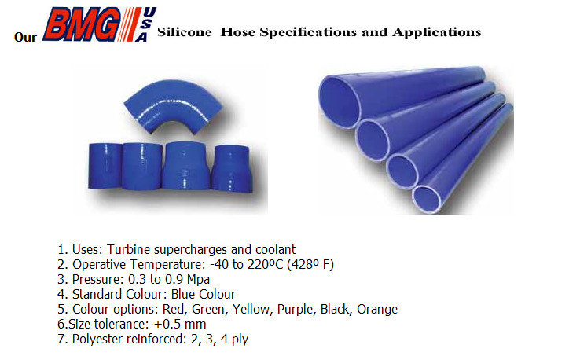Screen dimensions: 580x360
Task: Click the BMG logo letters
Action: pos(82,24)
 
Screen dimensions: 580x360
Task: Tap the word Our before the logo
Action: pos(25,37)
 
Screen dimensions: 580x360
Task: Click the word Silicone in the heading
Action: pos(184,32)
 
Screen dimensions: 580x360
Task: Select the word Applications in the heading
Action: pos(437,33)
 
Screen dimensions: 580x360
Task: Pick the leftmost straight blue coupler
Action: pos(105,166)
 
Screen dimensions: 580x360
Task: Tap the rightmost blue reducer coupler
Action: pos(232,169)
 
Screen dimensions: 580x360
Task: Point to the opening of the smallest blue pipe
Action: pos(427,200)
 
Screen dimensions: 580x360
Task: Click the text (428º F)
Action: pos(310,265)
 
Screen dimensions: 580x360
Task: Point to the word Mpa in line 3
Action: pos(198,280)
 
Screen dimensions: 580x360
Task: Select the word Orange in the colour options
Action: pos(377,310)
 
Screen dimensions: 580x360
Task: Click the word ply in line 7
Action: pos(240,340)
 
